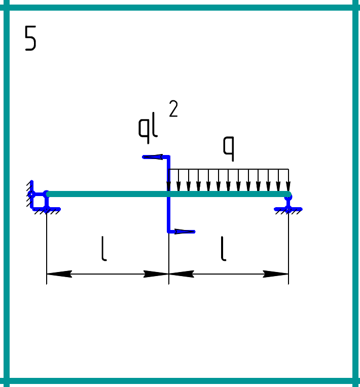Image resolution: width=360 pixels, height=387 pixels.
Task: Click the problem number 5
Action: pyautogui.click(x=30, y=39)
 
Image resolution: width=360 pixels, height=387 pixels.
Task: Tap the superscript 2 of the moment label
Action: pyautogui.click(x=173, y=109)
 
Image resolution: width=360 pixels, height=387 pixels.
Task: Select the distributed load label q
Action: pyautogui.click(x=229, y=147)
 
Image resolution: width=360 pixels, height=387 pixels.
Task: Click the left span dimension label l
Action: pyautogui.click(x=104, y=249)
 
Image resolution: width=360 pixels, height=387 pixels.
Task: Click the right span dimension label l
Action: pyautogui.click(x=223, y=249)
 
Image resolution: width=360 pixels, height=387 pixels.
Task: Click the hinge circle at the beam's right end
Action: pyautogui.click(x=288, y=195)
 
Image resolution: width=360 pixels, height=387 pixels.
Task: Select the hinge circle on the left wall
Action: pyautogui.click(x=31, y=194)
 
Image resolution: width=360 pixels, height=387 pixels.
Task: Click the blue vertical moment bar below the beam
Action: pyautogui.click(x=168, y=215)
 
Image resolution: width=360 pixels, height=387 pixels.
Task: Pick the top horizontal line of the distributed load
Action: pyautogui.click(x=228, y=169)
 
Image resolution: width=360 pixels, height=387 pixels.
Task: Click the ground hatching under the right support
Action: pyautogui.click(x=288, y=212)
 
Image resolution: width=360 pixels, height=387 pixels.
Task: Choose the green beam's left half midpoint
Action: pyautogui.click(x=107, y=194)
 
